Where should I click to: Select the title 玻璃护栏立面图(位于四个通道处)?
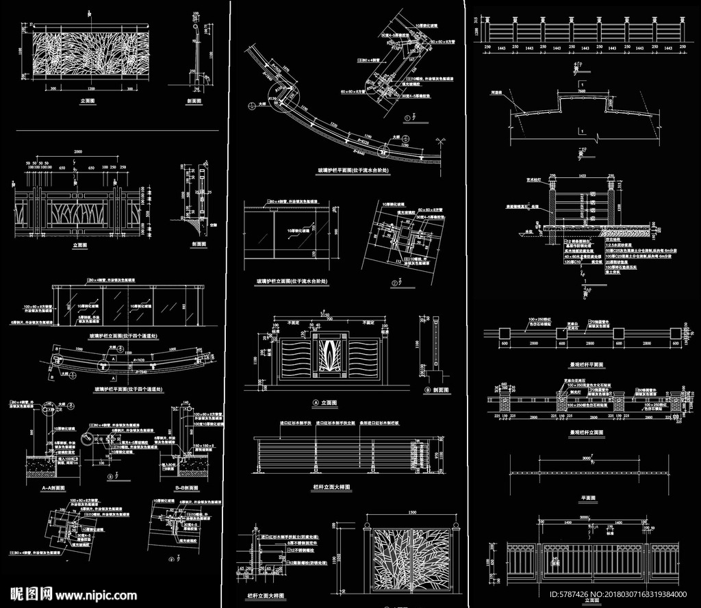point(125,336)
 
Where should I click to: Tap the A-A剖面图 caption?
point(53,488)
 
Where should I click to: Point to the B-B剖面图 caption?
point(186,488)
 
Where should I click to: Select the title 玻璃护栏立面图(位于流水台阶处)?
point(292,281)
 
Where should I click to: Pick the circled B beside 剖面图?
point(426,390)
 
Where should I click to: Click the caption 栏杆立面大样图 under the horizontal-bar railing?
point(331,487)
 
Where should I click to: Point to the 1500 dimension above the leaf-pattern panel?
point(411,512)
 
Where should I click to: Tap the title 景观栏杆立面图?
point(587,433)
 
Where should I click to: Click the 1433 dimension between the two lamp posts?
point(582,176)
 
